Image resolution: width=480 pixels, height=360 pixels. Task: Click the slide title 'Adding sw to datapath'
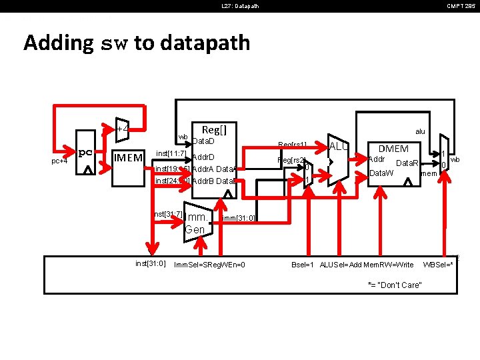point(137,43)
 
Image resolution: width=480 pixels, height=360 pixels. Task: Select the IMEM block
point(128,158)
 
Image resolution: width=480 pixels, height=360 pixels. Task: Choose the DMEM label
point(393,149)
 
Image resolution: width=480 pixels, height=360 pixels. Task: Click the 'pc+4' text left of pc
point(59,161)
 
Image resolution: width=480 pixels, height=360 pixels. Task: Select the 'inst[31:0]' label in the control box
point(150,264)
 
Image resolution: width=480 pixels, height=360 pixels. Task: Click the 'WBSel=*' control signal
point(438,265)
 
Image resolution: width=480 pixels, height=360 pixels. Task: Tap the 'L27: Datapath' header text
point(240,6)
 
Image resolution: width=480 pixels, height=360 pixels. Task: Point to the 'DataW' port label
point(381,173)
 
